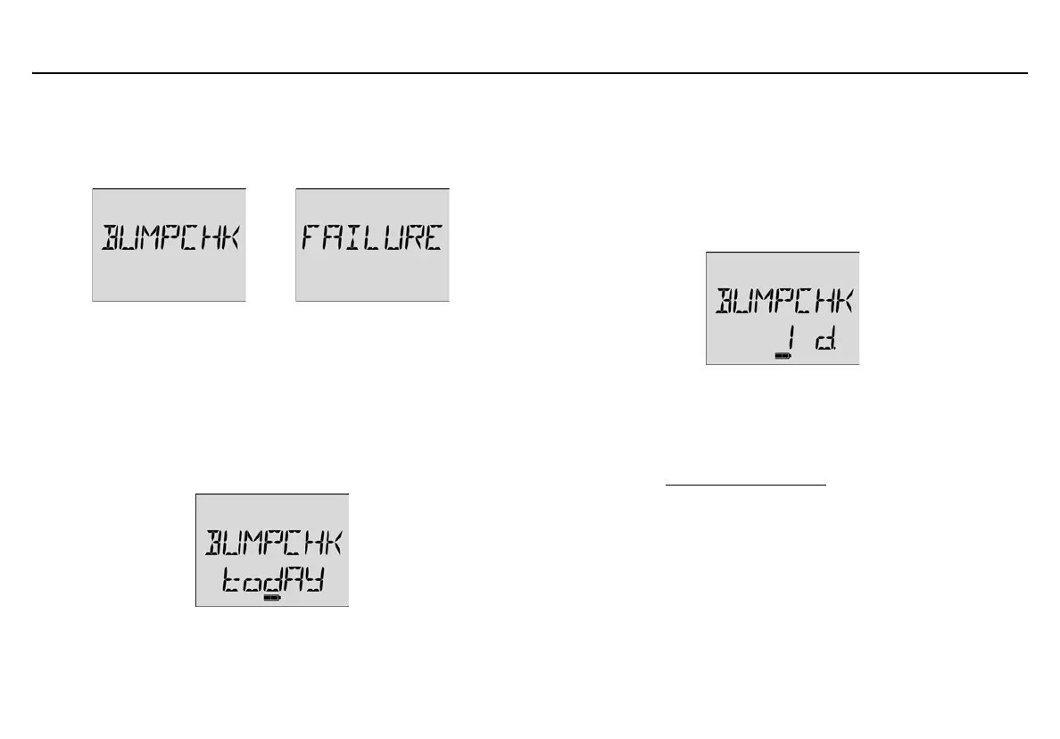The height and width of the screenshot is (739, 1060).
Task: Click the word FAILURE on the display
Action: tap(371, 239)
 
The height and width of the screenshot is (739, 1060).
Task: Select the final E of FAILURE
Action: tap(432, 239)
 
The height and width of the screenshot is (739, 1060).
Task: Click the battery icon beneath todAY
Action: tap(272, 598)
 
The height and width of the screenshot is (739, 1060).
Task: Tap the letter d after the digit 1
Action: tap(823, 342)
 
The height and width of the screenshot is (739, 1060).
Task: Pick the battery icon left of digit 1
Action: tap(783, 355)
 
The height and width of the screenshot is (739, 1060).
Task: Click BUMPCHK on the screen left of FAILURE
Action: tap(168, 239)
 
